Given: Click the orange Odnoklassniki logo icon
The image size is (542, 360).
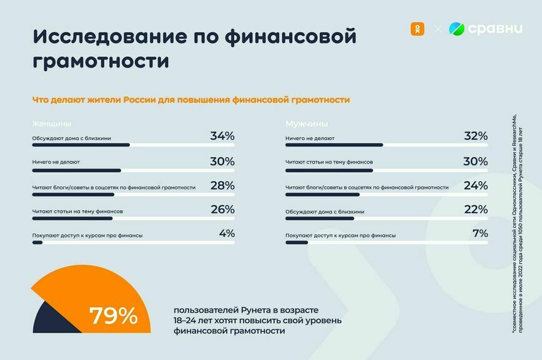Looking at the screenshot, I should (x=416, y=28).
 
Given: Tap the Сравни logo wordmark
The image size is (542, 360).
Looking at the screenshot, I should (x=495, y=29).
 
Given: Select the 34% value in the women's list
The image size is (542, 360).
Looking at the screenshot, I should (x=222, y=136).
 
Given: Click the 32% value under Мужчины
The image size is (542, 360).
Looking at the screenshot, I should (x=476, y=136).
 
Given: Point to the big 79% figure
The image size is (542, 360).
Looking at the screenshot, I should (x=113, y=316).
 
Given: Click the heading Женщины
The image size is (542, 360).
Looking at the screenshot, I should (x=51, y=123).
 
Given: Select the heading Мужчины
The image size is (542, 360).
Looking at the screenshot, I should (x=307, y=123).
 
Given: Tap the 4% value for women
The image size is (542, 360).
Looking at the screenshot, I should (x=227, y=234).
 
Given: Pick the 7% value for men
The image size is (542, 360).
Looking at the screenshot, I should (x=480, y=234).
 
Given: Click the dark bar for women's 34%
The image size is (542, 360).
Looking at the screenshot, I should (x=81, y=145).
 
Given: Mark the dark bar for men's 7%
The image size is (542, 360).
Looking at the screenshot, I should (x=297, y=242).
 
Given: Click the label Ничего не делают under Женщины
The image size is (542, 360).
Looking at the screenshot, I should (x=56, y=162).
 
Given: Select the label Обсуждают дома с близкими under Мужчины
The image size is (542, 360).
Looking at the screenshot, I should (x=325, y=211).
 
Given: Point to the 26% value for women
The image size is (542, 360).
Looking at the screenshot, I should (x=222, y=209).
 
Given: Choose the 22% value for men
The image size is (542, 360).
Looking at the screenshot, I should (x=476, y=209).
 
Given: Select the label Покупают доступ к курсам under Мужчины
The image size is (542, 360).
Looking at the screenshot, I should (x=340, y=236).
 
